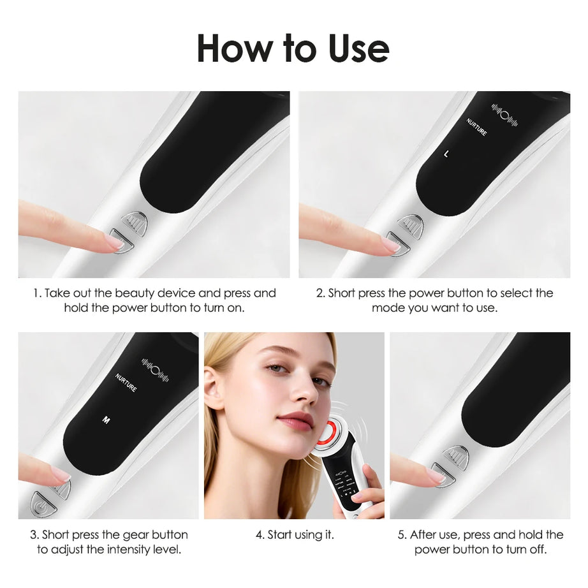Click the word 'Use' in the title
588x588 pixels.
358,48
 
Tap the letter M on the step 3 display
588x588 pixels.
106,420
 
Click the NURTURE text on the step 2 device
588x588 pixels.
476,127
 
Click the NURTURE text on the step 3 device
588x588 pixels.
126,383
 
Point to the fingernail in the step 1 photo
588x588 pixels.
114,241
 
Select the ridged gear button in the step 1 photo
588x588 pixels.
134,221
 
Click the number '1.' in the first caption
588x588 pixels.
38,293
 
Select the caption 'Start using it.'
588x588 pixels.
294,535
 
